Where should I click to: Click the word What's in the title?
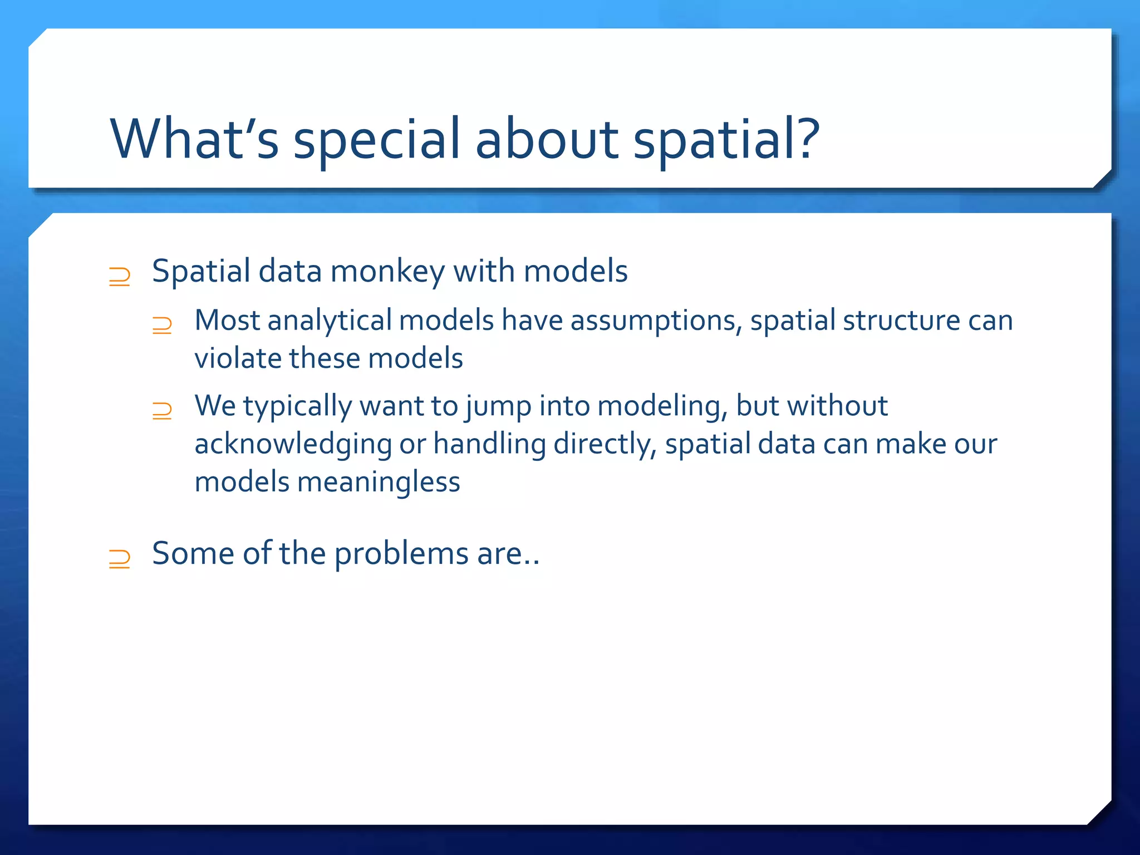[194, 139]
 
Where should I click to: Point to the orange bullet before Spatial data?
[120, 277]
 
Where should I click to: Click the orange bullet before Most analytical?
[162, 325]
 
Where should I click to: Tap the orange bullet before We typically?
[162, 411]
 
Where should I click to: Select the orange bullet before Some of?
[120, 558]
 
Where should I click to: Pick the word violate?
[238, 358]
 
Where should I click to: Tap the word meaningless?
[379, 481]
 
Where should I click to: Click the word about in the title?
[547, 139]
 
